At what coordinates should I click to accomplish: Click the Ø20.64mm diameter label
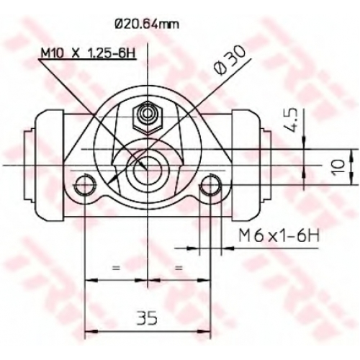(x=147, y=24)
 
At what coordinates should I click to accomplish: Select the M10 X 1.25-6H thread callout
(x=88, y=53)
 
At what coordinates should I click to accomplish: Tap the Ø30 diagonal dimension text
(x=230, y=60)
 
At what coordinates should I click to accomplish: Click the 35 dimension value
(x=147, y=318)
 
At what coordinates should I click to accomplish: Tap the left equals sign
(x=116, y=268)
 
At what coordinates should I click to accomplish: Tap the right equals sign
(x=179, y=268)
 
